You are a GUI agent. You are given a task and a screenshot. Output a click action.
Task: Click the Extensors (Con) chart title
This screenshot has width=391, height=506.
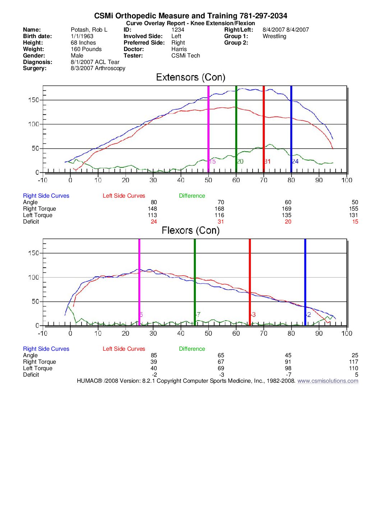[x=190, y=77]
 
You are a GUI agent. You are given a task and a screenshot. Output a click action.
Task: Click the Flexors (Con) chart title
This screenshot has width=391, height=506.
[x=190, y=230]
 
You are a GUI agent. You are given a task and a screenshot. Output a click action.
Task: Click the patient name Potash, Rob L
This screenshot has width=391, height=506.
[x=89, y=30]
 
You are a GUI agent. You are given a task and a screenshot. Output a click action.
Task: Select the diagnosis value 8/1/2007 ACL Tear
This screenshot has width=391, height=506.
[x=95, y=62]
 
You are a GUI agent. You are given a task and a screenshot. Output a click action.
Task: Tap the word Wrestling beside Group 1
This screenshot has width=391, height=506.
[x=274, y=36]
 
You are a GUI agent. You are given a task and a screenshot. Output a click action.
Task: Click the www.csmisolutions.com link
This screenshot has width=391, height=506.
[x=328, y=381]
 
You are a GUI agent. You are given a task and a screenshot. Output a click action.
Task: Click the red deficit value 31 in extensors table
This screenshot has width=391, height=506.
[x=221, y=222]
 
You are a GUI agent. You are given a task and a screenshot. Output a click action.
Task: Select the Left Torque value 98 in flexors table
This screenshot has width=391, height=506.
[x=288, y=368]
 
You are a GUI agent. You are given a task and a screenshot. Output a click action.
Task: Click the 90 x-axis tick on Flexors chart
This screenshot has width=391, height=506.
[x=319, y=333]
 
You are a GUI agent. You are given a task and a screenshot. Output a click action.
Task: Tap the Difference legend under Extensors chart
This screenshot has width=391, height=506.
[x=192, y=196]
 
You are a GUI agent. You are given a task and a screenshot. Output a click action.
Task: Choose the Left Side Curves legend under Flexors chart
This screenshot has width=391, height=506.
[x=124, y=349]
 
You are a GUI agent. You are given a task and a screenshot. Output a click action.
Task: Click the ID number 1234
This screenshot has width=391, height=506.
[x=178, y=30]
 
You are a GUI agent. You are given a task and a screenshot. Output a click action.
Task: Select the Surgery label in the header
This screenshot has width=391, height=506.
[x=34, y=68]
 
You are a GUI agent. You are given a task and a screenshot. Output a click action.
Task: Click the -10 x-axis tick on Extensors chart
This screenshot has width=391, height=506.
[x=42, y=180]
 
